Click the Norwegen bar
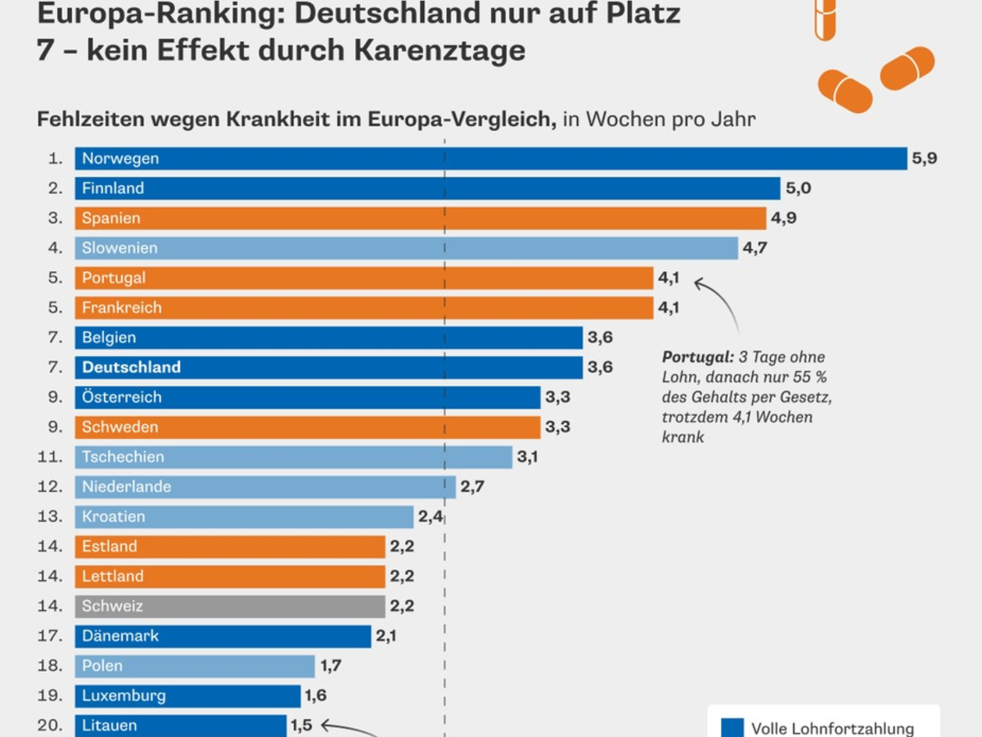click(x=491, y=158)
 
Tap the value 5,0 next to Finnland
click(x=798, y=188)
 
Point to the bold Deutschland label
click(x=131, y=367)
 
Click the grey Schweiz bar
click(x=230, y=606)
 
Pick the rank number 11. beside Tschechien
click(x=50, y=457)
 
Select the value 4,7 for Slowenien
click(x=755, y=248)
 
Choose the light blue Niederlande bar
click(x=265, y=486)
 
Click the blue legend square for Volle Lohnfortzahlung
click(x=733, y=727)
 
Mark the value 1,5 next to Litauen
click(x=301, y=726)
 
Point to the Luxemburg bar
click(x=187, y=695)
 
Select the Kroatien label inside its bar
click(x=114, y=517)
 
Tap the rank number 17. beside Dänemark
click(x=50, y=635)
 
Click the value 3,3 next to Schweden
click(x=557, y=427)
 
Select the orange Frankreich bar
click(x=364, y=308)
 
